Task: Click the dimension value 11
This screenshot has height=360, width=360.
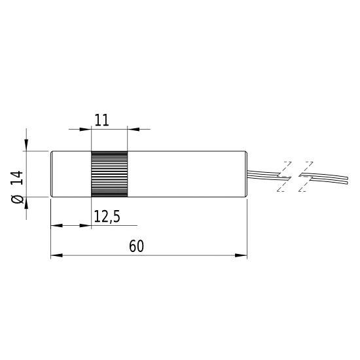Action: point(101,119)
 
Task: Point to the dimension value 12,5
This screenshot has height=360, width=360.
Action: point(107,215)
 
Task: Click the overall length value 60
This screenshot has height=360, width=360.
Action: point(136,246)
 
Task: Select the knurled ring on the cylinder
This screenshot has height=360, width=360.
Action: point(109,173)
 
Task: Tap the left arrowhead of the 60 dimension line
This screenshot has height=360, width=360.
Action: point(55,255)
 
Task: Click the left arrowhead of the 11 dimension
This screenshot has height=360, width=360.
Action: point(86,129)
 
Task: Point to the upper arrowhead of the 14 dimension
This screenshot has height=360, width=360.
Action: point(27,146)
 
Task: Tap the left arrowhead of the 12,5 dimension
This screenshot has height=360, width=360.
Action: point(55,225)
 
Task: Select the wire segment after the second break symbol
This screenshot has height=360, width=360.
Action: point(331,177)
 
